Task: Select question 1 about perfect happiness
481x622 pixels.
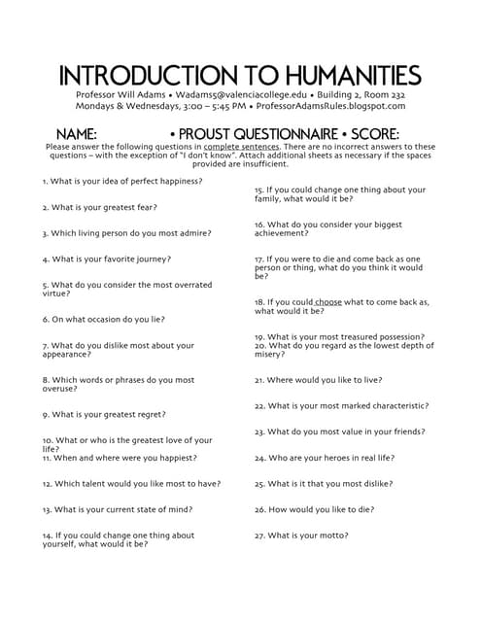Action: [x=122, y=181]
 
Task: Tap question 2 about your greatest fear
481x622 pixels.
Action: [x=100, y=207]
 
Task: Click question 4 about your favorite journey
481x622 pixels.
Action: [x=107, y=259]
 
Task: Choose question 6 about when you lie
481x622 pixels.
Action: [x=104, y=319]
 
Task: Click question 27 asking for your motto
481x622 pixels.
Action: [x=301, y=536]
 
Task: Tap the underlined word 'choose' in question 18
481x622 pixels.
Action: [x=328, y=302]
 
